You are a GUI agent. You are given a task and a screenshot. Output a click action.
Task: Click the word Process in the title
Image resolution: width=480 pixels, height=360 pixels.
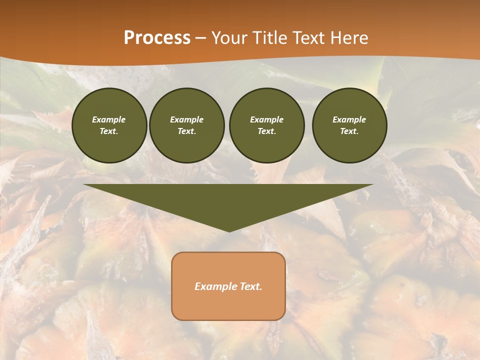[157, 38]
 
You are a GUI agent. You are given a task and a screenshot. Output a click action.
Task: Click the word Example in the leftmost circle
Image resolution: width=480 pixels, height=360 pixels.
[109, 119]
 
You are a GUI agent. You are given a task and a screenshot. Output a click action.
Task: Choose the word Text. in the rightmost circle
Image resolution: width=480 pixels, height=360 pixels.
[349, 131]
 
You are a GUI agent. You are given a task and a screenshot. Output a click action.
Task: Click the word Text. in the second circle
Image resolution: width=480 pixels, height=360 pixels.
[187, 131]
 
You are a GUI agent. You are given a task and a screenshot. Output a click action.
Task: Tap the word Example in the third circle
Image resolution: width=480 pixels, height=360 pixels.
[267, 119]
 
